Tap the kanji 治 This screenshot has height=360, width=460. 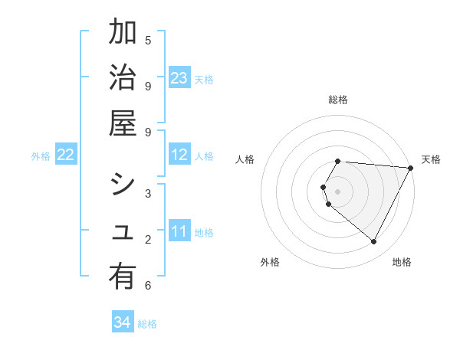point(123,79)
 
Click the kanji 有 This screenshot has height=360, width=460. point(123,280)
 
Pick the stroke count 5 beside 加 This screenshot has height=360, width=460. point(148,40)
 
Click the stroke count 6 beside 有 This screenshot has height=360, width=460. point(148,286)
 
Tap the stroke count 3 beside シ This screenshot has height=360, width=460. point(148,193)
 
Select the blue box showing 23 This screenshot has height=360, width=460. point(179,78)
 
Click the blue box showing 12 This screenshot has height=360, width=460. point(179,155)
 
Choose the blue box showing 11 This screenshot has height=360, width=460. point(179,231)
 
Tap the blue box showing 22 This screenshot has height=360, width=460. point(66,155)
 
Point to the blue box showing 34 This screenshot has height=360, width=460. point(123,323)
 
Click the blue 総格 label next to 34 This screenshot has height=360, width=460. point(147,324)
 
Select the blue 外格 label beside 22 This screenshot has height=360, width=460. point(41,155)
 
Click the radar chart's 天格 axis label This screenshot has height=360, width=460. point(431,159)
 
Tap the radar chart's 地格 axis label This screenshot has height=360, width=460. point(402,262)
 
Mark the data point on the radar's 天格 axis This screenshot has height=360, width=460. point(410,168)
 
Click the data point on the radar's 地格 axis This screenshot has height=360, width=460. point(374,241)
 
